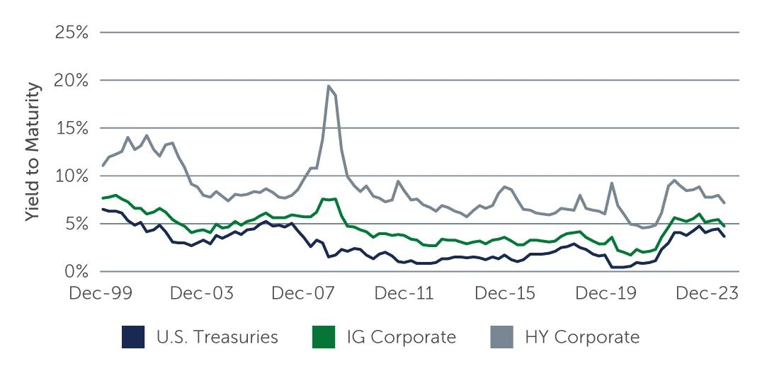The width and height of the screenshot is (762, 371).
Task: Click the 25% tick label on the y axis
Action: point(72,33)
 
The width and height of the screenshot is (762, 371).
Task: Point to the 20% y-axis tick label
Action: point(72,81)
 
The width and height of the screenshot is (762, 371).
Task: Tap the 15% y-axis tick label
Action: point(72,128)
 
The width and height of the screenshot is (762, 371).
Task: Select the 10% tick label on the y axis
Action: point(72,176)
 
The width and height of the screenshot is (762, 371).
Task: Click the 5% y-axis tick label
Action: point(76,224)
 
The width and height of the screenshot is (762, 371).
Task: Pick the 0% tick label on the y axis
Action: point(76,272)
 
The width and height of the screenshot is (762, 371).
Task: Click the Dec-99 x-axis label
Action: point(101,293)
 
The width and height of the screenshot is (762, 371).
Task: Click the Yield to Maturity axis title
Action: point(33,152)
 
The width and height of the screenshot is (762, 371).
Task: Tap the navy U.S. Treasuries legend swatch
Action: point(134,337)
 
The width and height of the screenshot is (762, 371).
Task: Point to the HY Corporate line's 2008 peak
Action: point(329,86)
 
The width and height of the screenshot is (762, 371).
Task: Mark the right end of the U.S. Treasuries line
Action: point(724,236)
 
